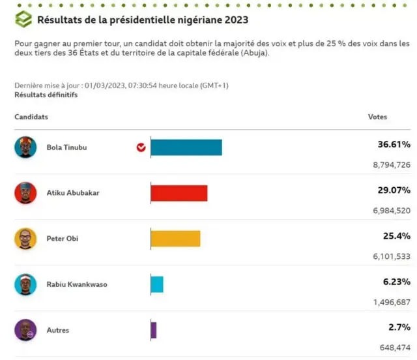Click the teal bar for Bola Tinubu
(x=186, y=147)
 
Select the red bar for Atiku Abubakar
(x=179, y=193)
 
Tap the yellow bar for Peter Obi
(x=175, y=239)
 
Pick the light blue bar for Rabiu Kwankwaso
(x=157, y=284)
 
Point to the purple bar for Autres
(x=154, y=330)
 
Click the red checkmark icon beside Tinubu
(x=141, y=147)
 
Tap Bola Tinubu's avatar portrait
(x=25, y=147)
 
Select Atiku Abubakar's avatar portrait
(x=25, y=193)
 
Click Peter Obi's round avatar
(x=25, y=239)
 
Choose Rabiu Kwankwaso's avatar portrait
(x=25, y=284)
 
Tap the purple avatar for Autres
(x=25, y=330)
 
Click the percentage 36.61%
(x=394, y=144)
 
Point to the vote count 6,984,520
(x=391, y=211)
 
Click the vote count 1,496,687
(x=391, y=302)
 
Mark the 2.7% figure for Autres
(x=399, y=327)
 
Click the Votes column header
(x=377, y=117)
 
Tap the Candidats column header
(x=31, y=117)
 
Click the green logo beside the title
(x=23, y=20)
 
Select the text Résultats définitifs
(x=46, y=95)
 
